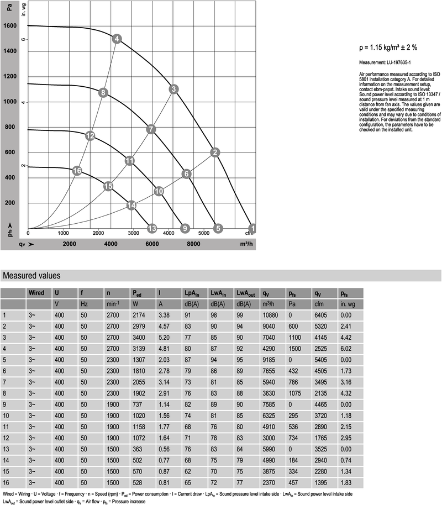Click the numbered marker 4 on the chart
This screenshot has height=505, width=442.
coord(117,39)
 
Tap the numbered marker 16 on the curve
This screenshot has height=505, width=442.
coord(77,171)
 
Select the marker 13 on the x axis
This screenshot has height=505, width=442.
coord(152,228)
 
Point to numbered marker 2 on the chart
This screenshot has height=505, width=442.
coord(215,152)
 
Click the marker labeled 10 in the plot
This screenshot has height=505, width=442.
coord(159,191)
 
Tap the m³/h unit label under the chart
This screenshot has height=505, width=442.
coord(247,244)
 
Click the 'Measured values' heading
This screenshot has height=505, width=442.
coord(32,276)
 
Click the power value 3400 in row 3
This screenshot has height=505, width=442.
coord(139,337)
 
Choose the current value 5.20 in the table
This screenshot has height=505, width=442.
coord(164,337)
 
